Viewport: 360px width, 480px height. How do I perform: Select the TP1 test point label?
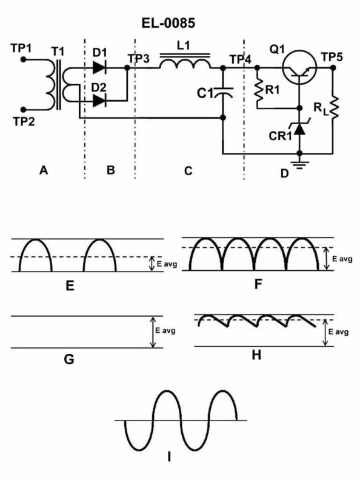pos(22,47)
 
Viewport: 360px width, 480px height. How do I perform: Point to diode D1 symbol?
pos(100,67)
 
